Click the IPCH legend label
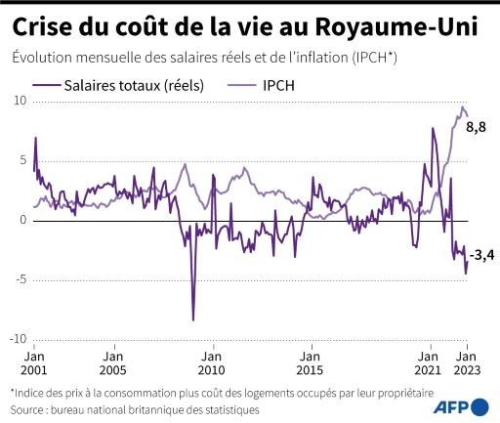(x=276, y=85)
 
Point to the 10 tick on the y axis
(x=19, y=101)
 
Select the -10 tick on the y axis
(x=17, y=340)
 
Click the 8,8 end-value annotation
(x=477, y=128)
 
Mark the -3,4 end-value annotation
(x=479, y=256)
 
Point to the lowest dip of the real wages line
(x=192, y=319)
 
